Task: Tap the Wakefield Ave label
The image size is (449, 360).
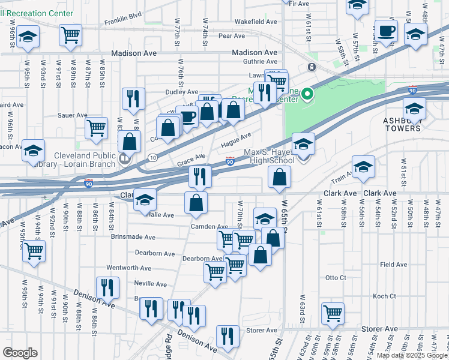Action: point(256,22)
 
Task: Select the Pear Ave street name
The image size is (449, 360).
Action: point(232,36)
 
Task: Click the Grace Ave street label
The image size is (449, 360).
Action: point(191,158)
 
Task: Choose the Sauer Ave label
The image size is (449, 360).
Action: point(72,115)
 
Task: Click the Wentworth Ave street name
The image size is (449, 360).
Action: point(126,268)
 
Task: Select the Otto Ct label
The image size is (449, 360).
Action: point(336,278)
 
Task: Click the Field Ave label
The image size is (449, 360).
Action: point(394,264)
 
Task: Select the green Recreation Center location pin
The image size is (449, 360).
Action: point(307,94)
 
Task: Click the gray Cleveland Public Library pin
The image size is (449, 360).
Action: point(125,160)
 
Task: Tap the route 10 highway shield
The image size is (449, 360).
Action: point(152,158)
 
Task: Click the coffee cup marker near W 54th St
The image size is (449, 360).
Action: point(385,30)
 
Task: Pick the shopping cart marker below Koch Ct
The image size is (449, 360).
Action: point(333,313)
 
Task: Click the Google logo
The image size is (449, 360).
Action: point(20,353)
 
